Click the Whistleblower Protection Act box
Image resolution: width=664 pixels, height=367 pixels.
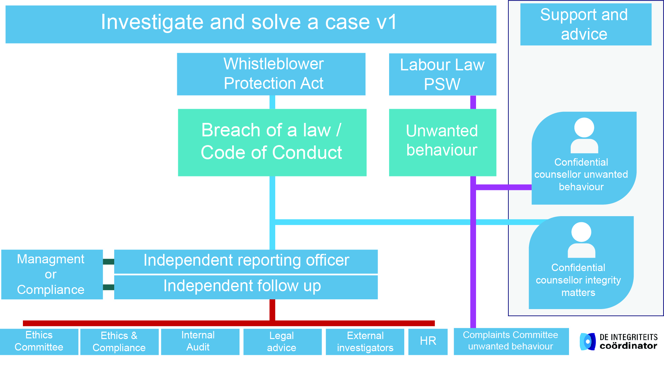coord(271,74)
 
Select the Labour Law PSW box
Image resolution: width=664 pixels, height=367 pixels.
coord(442,74)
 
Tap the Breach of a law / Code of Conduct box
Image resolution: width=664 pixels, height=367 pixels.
coord(272,142)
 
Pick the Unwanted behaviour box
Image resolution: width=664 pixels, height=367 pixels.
coord(442,142)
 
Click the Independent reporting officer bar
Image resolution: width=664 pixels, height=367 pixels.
coord(246,261)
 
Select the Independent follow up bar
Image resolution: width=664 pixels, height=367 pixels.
coord(246,287)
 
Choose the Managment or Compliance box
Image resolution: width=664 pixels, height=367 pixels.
coord(52,274)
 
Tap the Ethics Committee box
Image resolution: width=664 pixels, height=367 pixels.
coord(39,341)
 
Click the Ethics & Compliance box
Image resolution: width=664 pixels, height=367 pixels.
coord(119,342)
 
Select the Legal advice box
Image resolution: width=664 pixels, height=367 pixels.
coord(282,342)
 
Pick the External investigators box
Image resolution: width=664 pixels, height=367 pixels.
coord(365,342)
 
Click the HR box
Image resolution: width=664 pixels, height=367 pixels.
coord(428,341)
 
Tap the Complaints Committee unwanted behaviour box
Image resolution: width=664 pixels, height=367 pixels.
coord(511,341)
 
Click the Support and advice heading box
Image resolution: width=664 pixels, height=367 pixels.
coord(586,24)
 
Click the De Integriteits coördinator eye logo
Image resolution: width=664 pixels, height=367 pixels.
coord(588,341)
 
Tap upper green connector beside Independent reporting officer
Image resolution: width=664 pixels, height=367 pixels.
coord(108,262)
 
